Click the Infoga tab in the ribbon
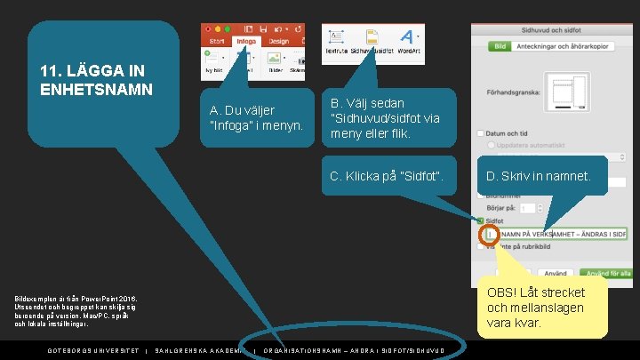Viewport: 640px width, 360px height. (246, 41)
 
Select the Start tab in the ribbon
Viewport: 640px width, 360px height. (216, 41)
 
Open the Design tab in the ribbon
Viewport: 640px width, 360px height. (279, 41)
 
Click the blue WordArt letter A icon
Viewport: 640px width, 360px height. (406, 37)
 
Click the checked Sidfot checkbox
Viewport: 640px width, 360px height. (481, 220)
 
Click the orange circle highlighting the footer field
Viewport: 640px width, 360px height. (488, 235)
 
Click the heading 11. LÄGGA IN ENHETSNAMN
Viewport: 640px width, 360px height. (97, 80)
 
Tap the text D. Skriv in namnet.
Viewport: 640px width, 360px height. (538, 176)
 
